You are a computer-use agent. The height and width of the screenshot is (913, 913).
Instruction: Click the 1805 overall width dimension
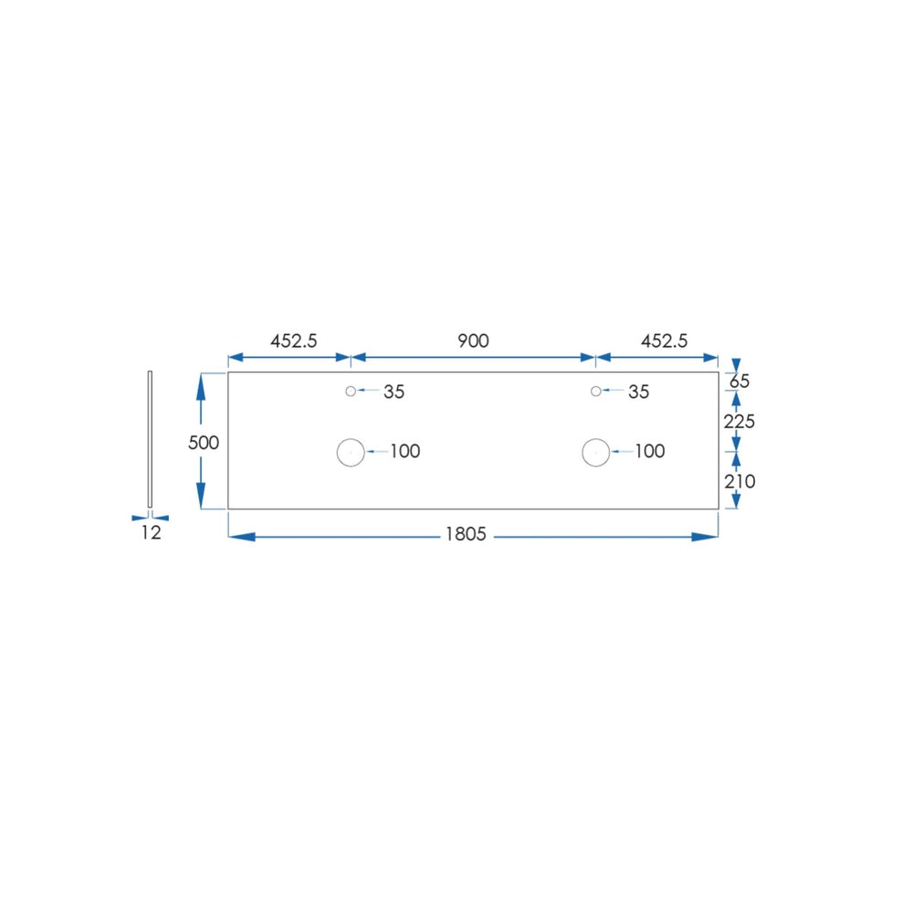coord(466,534)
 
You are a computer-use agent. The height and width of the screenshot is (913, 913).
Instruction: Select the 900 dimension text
coord(473,341)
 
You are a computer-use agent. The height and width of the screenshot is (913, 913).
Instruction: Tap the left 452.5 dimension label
coord(293,341)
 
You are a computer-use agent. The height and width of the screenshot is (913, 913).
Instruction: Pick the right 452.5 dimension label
coord(664,341)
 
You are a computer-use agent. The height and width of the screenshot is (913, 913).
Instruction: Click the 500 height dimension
coord(204,443)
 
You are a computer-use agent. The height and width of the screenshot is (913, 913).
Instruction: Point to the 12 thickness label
coord(151,532)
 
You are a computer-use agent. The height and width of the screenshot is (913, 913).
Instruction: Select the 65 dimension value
coord(740,382)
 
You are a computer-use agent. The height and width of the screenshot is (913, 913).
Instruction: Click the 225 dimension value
coord(739,421)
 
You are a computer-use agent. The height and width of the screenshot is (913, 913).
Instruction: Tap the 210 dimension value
coord(740,481)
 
